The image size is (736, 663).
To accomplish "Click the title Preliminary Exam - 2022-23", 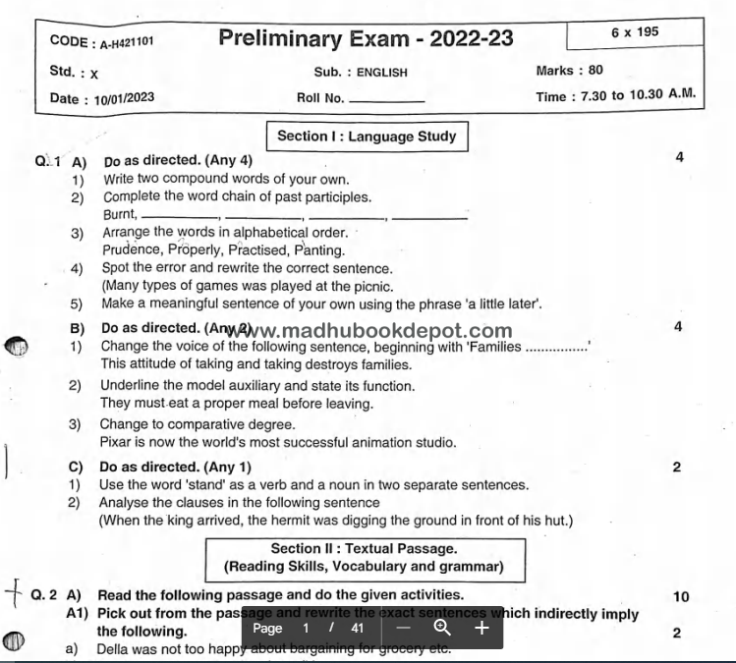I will (366, 38).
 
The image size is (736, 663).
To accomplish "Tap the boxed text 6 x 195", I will (634, 31).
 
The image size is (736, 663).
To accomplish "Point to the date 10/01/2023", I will (125, 98).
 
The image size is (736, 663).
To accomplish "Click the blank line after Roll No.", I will (386, 100).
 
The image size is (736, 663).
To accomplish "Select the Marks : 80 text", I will (569, 71).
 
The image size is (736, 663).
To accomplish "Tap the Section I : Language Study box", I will (367, 137).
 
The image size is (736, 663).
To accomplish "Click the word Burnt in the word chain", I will (118, 214).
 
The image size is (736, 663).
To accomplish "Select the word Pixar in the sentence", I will (116, 442).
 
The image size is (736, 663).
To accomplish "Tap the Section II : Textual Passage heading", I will (364, 549).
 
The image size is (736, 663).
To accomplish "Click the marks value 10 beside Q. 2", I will (681, 596).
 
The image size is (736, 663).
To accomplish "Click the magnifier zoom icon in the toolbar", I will (442, 628).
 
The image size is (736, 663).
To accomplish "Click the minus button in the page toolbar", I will (403, 628).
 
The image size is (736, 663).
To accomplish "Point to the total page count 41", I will (357, 628).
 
